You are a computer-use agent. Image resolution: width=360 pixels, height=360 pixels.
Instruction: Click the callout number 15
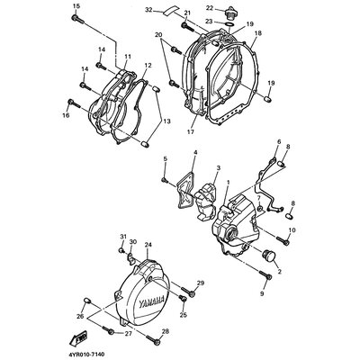(76, 6)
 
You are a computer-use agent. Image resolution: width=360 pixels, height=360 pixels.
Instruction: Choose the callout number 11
(126, 57)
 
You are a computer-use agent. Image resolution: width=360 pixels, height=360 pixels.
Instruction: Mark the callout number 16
(66, 115)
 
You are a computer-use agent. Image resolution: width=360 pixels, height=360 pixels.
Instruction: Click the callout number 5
(165, 159)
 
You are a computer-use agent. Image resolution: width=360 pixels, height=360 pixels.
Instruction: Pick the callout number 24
(148, 244)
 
